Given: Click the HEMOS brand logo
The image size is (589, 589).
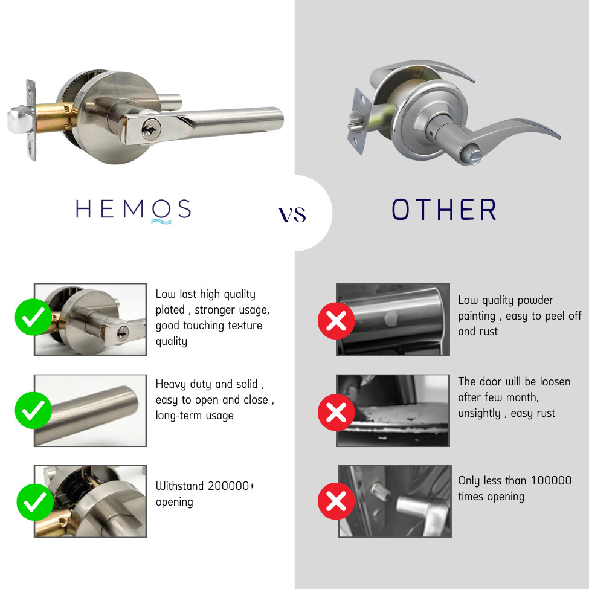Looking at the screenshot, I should click(x=134, y=210).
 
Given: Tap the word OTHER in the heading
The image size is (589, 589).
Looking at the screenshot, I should click(x=444, y=210).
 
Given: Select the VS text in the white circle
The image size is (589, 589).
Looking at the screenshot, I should click(x=292, y=214).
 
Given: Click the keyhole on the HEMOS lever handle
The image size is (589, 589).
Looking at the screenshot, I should click(x=147, y=129).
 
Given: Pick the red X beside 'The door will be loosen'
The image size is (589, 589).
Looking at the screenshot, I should click(x=336, y=412).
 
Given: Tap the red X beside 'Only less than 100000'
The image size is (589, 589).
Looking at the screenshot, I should click(x=336, y=501).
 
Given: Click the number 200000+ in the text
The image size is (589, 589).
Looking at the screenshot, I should click(x=231, y=486).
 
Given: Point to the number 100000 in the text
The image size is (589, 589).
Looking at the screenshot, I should click(x=551, y=481).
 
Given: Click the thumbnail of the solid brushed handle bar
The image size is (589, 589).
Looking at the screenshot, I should click(x=91, y=410).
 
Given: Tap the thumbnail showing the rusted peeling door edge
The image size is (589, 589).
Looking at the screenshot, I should click(x=393, y=410).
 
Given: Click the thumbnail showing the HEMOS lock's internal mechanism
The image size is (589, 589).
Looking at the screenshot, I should click(x=91, y=501).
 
